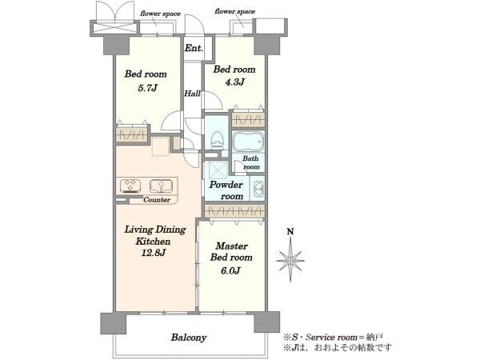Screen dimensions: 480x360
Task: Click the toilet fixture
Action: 217,140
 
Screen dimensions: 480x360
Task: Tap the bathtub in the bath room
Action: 248,142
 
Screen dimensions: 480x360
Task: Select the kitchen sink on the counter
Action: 161,186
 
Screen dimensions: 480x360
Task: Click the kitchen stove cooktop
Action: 130,186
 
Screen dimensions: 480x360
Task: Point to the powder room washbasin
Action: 259,189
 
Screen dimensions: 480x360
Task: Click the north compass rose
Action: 290,260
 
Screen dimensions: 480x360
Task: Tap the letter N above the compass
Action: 290,232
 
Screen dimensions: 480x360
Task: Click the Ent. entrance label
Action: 194,48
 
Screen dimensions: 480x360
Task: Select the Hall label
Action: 192,94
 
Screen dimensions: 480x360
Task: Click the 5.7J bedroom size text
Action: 147,88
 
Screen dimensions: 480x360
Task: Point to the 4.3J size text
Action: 234,82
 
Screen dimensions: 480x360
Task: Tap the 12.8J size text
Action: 154,253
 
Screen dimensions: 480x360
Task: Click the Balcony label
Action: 189,338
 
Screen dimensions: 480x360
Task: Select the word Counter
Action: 157,199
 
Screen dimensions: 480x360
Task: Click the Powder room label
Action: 226,190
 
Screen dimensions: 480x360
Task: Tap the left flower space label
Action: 160,14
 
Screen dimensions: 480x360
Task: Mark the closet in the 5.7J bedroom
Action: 132,134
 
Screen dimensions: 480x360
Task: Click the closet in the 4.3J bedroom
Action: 248,120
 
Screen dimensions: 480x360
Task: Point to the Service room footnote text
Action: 333,338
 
